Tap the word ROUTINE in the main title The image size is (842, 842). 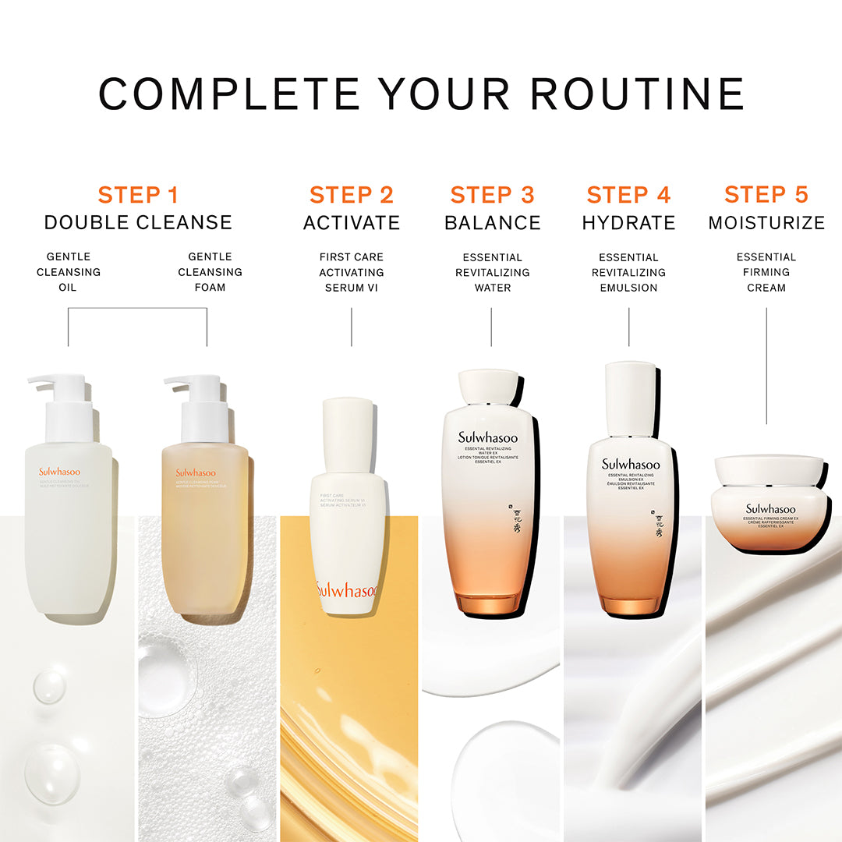pyautogui.click(x=637, y=94)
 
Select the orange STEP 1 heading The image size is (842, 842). pyautogui.click(x=138, y=195)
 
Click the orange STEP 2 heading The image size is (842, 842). pyautogui.click(x=352, y=195)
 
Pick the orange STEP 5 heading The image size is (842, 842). pyautogui.click(x=766, y=195)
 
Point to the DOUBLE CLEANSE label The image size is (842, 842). pyautogui.click(x=138, y=223)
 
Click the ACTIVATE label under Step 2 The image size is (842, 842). pyautogui.click(x=352, y=223)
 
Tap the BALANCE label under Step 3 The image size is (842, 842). pyautogui.click(x=493, y=223)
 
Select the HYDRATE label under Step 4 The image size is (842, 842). pyautogui.click(x=629, y=223)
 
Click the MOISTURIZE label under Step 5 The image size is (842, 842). pyautogui.click(x=766, y=223)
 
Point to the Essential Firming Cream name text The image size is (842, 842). pyautogui.click(x=766, y=272)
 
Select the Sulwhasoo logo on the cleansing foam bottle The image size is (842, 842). pyautogui.click(x=196, y=472)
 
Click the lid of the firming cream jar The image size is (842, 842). pyautogui.click(x=769, y=471)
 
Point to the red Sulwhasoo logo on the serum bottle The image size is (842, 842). pyautogui.click(x=347, y=590)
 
